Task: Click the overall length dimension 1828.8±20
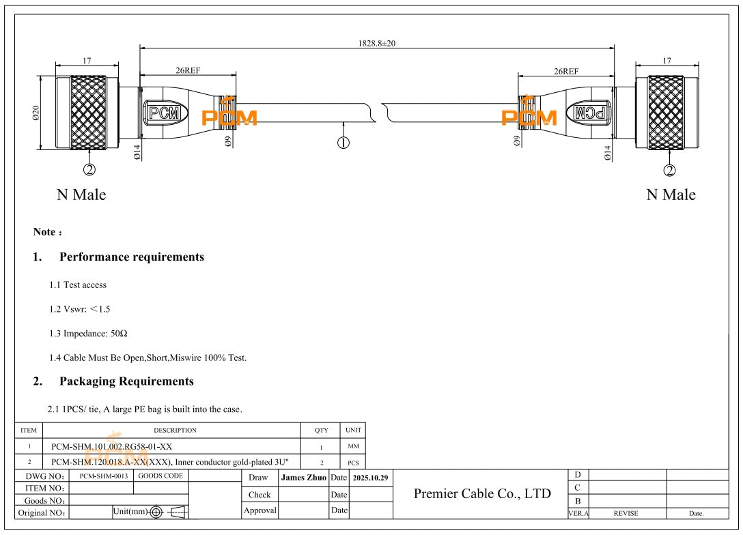377,43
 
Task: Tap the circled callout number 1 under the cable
344,143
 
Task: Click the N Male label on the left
81,194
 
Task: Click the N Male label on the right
671,194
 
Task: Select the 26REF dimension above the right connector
566,70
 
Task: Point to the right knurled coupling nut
665,113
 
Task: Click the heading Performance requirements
131,257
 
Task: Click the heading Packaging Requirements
126,381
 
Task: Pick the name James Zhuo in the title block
305,476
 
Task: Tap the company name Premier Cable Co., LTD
482,493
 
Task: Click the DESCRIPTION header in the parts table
175,430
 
